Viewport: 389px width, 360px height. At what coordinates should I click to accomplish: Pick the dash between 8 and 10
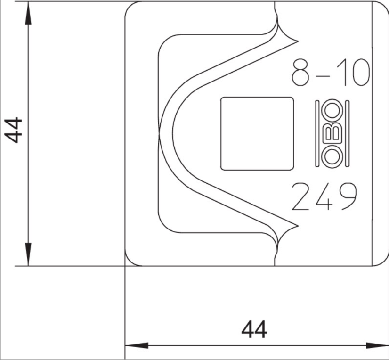pos(325,74)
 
